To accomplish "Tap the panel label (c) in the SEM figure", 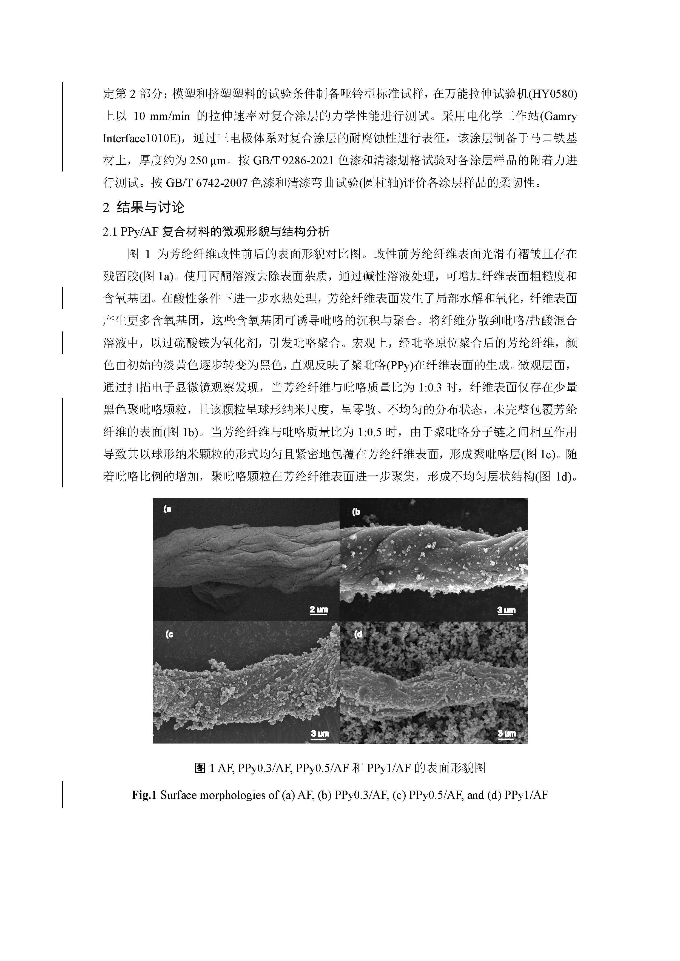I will tap(169, 634).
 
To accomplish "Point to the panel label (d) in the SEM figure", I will tap(358, 634).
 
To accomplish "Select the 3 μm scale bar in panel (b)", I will tap(506, 611).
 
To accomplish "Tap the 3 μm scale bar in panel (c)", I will tap(320, 734).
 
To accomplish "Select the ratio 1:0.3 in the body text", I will tap(430, 387).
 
